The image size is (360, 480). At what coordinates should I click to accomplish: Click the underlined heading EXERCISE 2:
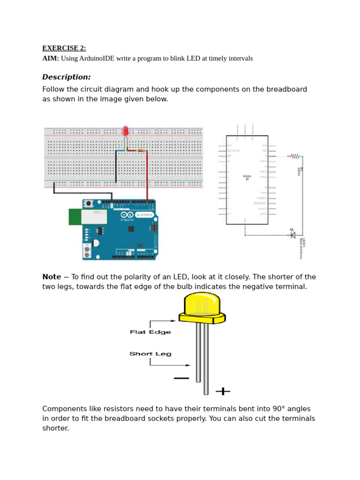pyautogui.click(x=64, y=48)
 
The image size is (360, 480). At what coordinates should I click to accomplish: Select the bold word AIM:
pyautogui.click(x=51, y=59)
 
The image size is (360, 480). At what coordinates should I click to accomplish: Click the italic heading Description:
pyautogui.click(x=66, y=77)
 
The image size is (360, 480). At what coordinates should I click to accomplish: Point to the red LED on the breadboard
pyautogui.click(x=125, y=131)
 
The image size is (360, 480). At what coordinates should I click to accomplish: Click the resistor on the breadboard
pyautogui.click(x=141, y=150)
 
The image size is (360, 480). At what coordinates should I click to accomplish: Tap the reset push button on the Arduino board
pyautogui.click(x=89, y=203)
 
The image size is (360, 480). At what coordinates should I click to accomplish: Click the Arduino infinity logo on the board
pyautogui.click(x=127, y=215)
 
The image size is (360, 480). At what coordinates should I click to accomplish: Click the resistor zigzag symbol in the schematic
pyautogui.click(x=295, y=156)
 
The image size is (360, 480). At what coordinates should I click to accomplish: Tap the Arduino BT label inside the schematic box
pyautogui.click(x=247, y=178)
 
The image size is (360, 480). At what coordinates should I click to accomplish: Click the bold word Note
pyautogui.click(x=52, y=277)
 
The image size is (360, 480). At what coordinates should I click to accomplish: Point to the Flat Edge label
pyautogui.click(x=150, y=332)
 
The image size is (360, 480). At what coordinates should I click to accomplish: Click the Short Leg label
pyautogui.click(x=150, y=354)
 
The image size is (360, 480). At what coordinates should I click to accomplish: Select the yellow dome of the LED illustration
pyautogui.click(x=202, y=304)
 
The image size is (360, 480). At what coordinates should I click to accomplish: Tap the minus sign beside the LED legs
pyautogui.click(x=181, y=378)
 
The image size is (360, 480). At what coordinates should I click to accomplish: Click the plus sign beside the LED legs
pyautogui.click(x=223, y=390)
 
